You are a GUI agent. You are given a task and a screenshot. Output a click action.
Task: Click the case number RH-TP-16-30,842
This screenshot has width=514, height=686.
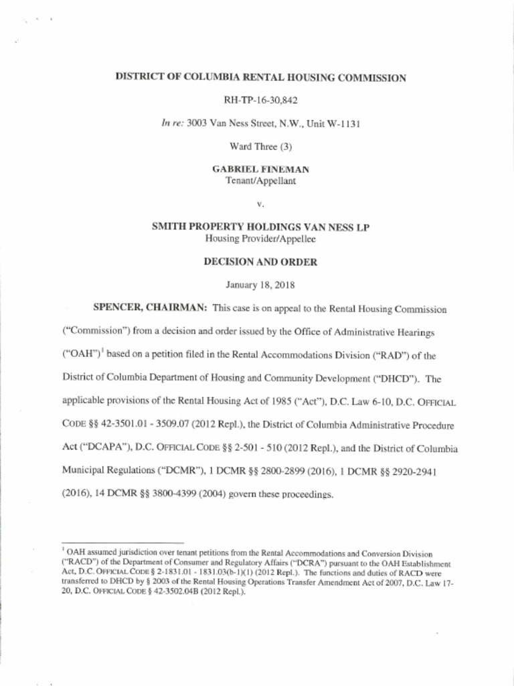[260, 100]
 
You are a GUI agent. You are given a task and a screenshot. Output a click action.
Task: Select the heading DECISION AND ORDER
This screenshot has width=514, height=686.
[260, 263]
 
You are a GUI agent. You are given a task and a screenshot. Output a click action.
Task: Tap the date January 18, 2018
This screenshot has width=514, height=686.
[260, 285]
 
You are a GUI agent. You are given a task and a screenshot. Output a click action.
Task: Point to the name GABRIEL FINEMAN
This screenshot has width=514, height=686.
[260, 170]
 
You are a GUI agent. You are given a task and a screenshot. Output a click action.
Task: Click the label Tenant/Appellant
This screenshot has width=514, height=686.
[260, 182]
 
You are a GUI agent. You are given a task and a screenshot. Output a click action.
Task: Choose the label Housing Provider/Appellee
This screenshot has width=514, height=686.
[260, 239]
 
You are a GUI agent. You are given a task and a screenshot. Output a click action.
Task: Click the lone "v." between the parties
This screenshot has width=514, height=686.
[260, 204]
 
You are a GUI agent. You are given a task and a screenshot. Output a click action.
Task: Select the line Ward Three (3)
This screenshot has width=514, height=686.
[260, 147]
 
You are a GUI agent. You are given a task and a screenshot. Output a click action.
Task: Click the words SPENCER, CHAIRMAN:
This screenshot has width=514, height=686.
[150, 309]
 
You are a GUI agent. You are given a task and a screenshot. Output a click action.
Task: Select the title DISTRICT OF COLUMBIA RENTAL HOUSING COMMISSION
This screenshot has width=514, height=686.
[260, 78]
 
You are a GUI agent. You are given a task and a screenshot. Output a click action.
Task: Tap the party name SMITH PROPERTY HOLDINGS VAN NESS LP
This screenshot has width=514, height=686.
[260, 228]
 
